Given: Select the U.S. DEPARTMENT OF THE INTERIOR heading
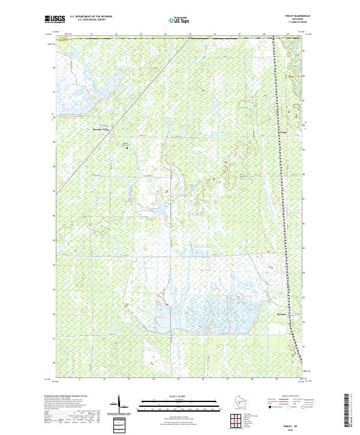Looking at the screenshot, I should point(91,17).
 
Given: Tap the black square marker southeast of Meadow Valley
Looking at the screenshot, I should point(127,147).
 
